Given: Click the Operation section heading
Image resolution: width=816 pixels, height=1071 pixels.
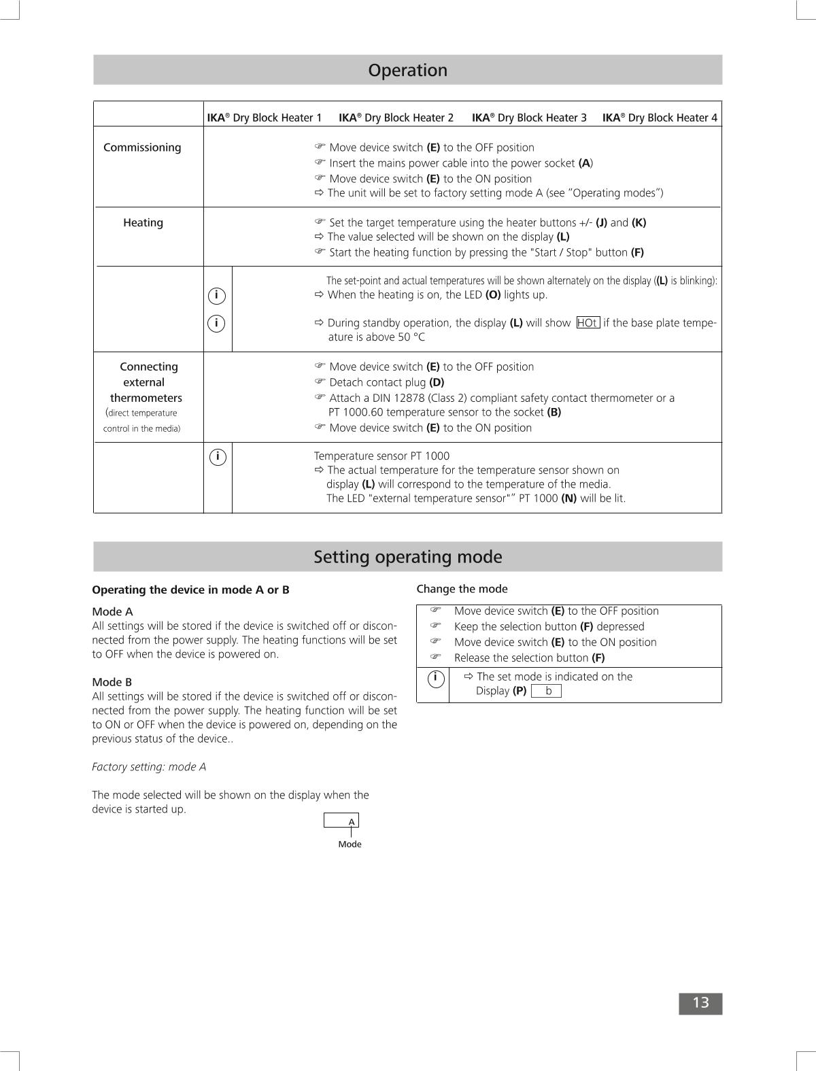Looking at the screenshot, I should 407,70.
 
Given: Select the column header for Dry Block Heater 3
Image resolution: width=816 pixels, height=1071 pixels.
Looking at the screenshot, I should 529,118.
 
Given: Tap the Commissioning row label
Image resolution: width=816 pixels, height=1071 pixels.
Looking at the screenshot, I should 142,148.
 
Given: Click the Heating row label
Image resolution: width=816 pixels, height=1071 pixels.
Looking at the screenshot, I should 143,222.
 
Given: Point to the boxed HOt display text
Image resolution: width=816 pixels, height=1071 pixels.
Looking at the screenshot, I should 588,323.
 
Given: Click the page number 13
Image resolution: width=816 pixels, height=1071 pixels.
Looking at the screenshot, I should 700,1003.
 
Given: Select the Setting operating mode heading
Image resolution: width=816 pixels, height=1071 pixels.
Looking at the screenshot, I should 407,557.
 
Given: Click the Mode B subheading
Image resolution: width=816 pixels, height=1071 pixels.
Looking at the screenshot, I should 112,682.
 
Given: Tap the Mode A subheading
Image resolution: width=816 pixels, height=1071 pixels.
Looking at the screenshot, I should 112,611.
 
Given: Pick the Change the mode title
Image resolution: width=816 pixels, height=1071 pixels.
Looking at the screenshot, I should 462,589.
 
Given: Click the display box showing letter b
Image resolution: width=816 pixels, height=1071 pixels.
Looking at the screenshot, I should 546,691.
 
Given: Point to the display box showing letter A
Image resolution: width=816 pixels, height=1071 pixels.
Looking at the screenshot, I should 341,821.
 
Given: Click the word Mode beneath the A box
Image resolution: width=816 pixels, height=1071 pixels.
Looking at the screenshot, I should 350,844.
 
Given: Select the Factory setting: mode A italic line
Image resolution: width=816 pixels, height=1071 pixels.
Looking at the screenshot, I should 149,767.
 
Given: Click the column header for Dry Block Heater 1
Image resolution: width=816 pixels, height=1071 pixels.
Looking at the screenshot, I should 265,118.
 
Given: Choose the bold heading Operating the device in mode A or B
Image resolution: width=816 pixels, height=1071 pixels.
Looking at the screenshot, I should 190,590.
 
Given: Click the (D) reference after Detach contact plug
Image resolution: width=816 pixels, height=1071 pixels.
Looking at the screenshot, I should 437,382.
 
